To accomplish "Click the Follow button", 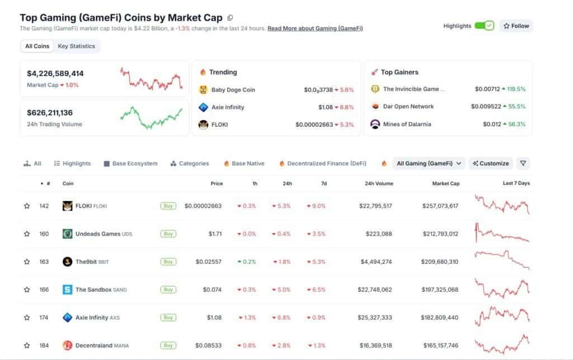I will click(516, 26).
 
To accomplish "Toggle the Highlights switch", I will click(484, 26).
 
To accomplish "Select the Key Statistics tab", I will click(76, 46).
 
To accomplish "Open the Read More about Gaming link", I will click(315, 28).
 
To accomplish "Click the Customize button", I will click(491, 163).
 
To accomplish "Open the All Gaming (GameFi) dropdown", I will click(429, 163).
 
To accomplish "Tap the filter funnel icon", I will click(523, 163).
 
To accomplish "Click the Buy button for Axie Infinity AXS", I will click(167, 317).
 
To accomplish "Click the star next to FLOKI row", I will click(27, 206).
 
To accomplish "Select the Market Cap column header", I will click(445, 184).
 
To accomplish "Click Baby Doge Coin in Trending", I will click(233, 90).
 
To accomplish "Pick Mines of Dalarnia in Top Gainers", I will click(407, 124).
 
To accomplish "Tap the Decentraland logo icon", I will click(67, 345).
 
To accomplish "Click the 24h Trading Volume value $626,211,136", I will click(50, 113).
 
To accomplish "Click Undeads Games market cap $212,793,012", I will click(440, 234).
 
